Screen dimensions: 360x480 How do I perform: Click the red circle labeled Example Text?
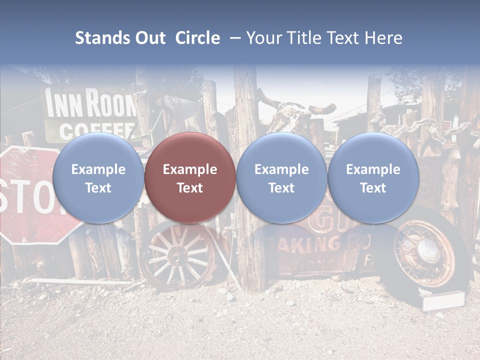click(189, 178)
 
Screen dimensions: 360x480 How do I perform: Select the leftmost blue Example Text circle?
click(98, 178)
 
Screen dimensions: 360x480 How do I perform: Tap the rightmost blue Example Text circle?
click(373, 178)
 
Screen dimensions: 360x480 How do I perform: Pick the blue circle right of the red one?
click(281, 178)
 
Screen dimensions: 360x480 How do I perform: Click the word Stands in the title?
click(102, 38)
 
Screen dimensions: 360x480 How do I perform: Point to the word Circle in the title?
click(197, 38)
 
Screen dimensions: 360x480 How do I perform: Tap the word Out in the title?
click(150, 38)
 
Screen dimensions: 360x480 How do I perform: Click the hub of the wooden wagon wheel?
click(176, 257)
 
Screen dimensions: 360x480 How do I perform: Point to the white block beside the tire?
click(443, 301)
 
